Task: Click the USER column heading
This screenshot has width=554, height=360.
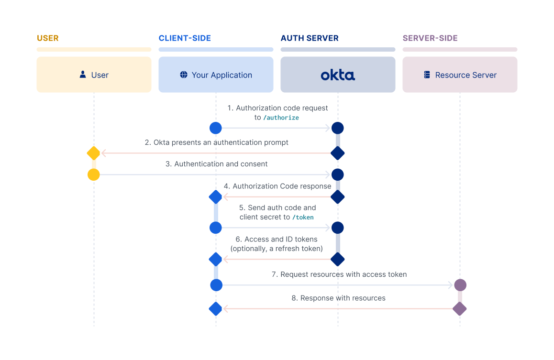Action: pyautogui.click(x=47, y=38)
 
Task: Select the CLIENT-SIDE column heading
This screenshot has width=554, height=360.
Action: pyautogui.click(x=185, y=38)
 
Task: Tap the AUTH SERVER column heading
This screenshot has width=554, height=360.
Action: pyautogui.click(x=309, y=38)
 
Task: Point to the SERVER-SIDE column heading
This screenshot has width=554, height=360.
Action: pyautogui.click(x=430, y=38)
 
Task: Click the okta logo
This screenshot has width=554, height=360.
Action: pyautogui.click(x=338, y=75)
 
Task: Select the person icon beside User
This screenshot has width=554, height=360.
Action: pyautogui.click(x=83, y=75)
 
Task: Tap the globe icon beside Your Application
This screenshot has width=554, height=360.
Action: pyautogui.click(x=184, y=75)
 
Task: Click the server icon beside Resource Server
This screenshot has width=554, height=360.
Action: pyautogui.click(x=427, y=75)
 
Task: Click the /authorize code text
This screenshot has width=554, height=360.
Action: pyautogui.click(x=281, y=118)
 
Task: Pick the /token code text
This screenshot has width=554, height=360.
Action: pyautogui.click(x=303, y=217)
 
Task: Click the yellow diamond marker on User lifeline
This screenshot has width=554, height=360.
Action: pyautogui.click(x=94, y=153)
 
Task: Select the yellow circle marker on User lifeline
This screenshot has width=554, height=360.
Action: pyautogui.click(x=94, y=175)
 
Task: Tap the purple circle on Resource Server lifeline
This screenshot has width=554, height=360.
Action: pyautogui.click(x=460, y=285)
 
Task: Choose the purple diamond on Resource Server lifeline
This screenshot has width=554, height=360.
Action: pyautogui.click(x=460, y=309)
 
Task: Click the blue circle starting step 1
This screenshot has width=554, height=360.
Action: pyautogui.click(x=216, y=128)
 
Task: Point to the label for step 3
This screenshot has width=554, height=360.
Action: pyautogui.click(x=216, y=164)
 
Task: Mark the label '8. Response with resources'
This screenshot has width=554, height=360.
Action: pyautogui.click(x=338, y=298)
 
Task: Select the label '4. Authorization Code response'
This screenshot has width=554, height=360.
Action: pyautogui.click(x=277, y=186)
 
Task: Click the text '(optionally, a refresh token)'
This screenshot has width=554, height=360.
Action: pyautogui.click(x=277, y=249)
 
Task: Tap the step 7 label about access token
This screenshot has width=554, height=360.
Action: pyautogui.click(x=339, y=274)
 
